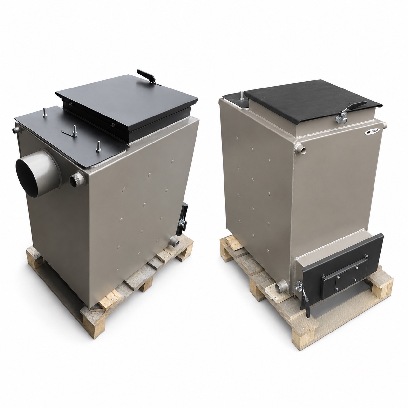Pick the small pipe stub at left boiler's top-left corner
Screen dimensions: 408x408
(16, 130)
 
